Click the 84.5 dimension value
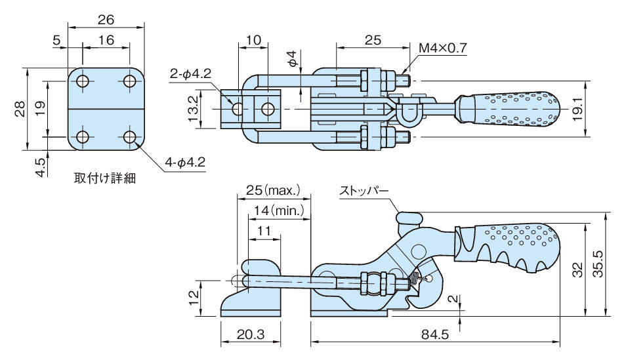(x=435, y=335)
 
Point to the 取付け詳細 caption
(x=104, y=177)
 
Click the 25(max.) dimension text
(x=272, y=191)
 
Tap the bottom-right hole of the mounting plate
(x=129, y=137)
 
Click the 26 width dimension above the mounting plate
(x=106, y=20)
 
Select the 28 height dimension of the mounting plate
(x=20, y=108)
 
